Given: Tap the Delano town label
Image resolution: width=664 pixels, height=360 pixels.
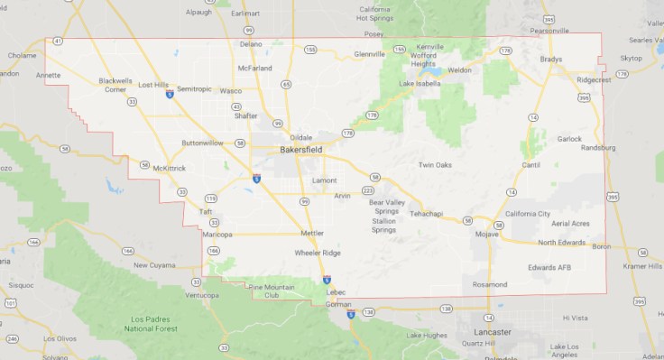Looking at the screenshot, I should tap(251, 43).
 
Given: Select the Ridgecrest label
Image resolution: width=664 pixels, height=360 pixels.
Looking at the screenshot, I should tap(594, 80).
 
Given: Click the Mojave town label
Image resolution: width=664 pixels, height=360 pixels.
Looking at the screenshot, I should tap(486, 234).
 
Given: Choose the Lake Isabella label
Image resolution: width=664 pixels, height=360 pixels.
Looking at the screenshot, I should tap(420, 84).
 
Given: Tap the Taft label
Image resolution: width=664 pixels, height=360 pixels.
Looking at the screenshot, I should tap(205, 212).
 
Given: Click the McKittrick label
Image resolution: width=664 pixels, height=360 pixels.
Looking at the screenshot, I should tap(169, 168).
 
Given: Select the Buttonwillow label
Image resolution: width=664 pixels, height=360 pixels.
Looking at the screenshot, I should tap(202, 143).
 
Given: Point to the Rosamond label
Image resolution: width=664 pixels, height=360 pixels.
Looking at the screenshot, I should tap(490, 284).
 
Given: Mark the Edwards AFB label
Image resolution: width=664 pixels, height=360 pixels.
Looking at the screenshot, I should tap(549, 267).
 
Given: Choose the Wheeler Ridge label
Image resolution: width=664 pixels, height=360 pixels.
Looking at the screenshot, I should tap(318, 253).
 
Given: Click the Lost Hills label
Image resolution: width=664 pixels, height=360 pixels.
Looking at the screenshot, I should tap(153, 84).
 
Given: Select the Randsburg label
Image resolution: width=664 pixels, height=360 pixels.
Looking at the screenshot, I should tap(598, 147).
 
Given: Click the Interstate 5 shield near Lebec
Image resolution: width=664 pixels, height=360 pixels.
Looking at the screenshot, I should tap(327, 281).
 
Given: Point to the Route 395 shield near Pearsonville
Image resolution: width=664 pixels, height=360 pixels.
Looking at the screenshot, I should tap(549, 17).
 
